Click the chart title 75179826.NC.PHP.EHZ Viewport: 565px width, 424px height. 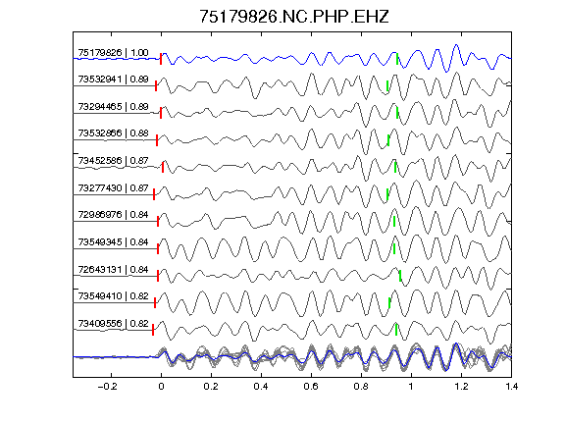tap(294, 17)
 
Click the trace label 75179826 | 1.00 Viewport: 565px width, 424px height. tap(113, 53)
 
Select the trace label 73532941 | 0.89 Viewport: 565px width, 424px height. tap(113, 79)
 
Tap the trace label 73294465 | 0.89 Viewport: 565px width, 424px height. tap(113, 107)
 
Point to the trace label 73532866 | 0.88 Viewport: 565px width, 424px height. tap(113, 133)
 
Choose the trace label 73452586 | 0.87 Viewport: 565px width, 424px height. tap(113, 160)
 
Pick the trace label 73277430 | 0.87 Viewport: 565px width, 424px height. tap(113, 187)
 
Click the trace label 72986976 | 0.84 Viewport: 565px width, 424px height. tap(113, 215)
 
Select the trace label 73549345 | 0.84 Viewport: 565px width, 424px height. tap(113, 241)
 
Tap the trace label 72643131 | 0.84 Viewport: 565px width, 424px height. tap(113, 269)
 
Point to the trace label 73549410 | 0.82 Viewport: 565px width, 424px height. tap(113, 296)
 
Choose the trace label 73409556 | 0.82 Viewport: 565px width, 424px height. tap(113, 324)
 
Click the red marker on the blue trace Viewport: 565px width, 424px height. tap(161, 59)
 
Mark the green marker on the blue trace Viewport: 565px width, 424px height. tap(397, 59)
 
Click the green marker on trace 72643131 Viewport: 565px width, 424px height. tap(400, 276)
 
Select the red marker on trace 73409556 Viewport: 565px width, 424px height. tap(153, 330)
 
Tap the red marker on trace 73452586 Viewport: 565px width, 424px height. tap(163, 167)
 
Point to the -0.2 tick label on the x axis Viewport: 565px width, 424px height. tap(107, 387)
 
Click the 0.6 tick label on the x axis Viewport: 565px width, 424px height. tap(311, 387)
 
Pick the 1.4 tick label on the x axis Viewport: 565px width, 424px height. tap(511, 387)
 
